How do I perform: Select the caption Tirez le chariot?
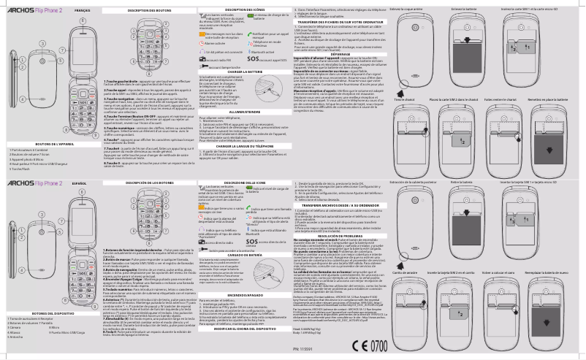[403, 98]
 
